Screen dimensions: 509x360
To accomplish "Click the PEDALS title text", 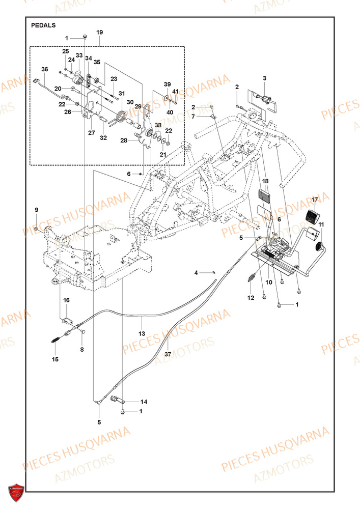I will pos(43,24).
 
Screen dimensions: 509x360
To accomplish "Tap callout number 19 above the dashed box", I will pos(100,32).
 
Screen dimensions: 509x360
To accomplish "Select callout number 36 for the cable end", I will pos(44,69).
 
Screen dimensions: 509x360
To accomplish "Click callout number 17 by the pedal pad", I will pos(315,199).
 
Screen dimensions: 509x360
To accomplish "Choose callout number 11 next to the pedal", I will pos(321,224).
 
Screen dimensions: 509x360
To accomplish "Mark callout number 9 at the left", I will pos(36,210).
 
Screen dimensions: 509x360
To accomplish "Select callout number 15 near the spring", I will pos(54,359).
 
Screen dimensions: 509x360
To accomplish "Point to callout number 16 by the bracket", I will pos(66,301).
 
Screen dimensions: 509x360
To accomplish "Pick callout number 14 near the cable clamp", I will pos(143,401).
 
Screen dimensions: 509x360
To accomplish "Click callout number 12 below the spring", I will pos(250,297).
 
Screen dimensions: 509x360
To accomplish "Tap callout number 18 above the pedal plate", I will pos(265,181).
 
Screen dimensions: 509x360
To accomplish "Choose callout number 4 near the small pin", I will pos(196,273).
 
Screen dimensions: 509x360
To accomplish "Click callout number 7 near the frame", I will pos(193,117).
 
